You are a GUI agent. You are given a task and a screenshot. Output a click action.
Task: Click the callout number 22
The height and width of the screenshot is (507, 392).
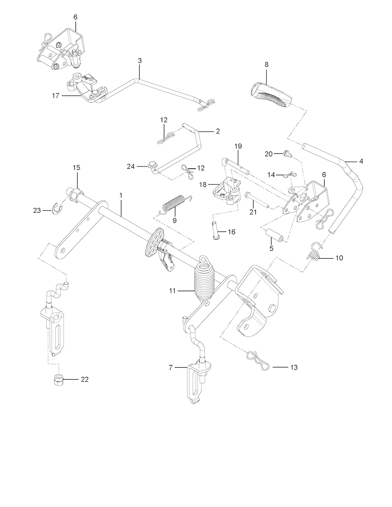pyautogui.click(x=85, y=379)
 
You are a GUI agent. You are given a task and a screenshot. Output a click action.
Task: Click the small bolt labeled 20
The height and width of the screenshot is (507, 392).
pyautogui.click(x=286, y=154)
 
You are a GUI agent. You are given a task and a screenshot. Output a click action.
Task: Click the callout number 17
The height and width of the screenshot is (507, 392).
pyautogui.click(x=56, y=96)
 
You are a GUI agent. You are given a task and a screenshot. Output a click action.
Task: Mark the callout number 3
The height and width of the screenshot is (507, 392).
pyautogui.click(x=140, y=60)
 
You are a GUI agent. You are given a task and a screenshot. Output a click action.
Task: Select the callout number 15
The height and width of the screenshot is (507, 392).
pyautogui.click(x=77, y=168)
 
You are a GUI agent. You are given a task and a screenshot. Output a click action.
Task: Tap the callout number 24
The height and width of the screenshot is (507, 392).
pyautogui.click(x=131, y=166)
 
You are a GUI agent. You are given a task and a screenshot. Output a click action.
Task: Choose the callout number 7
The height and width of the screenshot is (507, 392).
pyautogui.click(x=171, y=367)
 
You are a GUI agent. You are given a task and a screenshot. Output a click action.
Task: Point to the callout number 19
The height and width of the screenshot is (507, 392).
pyautogui.click(x=238, y=146)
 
